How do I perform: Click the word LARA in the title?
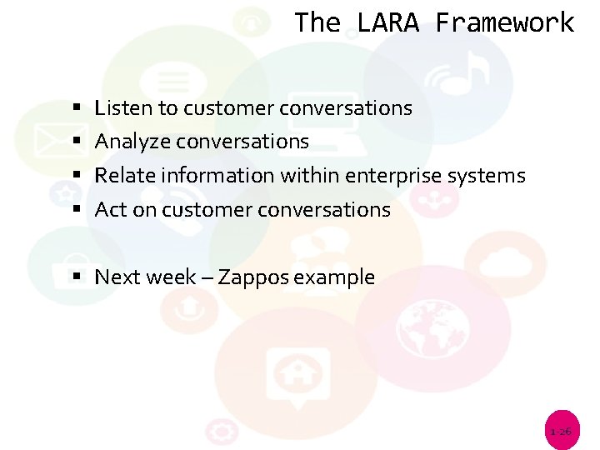coord(387,22)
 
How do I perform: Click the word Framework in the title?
coord(504,22)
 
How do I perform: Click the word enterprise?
coord(392,176)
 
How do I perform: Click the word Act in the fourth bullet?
coord(111,210)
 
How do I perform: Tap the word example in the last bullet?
coord(338,277)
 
